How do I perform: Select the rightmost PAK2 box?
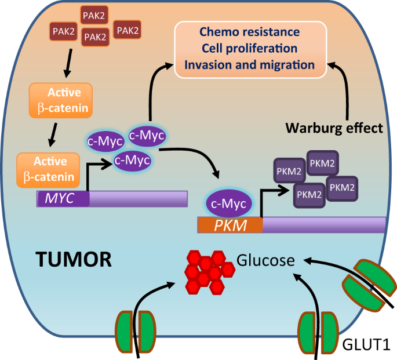[x=129, y=29]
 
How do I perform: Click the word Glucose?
[x=265, y=261]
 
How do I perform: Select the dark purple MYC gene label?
[x=63, y=199]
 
